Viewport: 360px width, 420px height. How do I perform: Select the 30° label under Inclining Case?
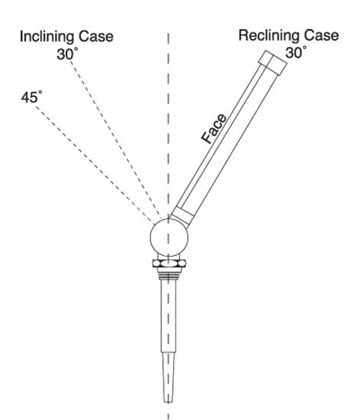click(x=67, y=53)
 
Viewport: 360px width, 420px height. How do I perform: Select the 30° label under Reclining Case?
click(x=296, y=52)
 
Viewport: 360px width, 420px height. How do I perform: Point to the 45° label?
click(x=31, y=97)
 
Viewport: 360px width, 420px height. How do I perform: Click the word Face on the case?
click(x=214, y=128)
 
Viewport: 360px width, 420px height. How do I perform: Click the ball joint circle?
click(x=169, y=237)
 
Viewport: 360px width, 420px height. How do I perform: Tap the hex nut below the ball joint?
click(x=169, y=263)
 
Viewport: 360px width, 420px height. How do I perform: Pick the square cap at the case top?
click(x=273, y=63)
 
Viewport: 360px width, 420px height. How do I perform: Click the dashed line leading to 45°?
click(x=95, y=164)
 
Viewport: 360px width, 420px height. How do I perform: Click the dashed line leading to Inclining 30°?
click(x=116, y=139)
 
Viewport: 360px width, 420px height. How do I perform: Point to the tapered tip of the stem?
click(x=168, y=377)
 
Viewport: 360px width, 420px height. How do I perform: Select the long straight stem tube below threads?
click(x=169, y=316)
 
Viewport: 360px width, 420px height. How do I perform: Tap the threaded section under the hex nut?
click(x=168, y=274)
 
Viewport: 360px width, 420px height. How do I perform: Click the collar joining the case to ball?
click(x=182, y=216)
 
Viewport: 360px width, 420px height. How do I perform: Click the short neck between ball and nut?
click(x=169, y=257)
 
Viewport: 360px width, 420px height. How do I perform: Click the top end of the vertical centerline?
click(x=168, y=34)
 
